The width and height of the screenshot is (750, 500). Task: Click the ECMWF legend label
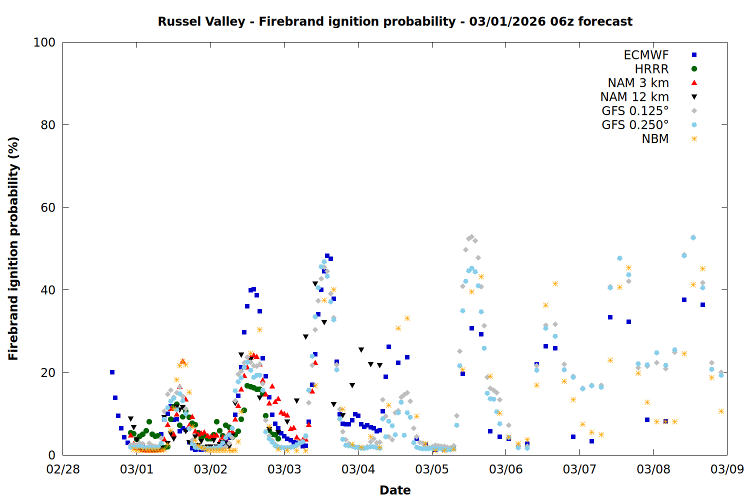pos(646,55)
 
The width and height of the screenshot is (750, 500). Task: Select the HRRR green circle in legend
pos(694,69)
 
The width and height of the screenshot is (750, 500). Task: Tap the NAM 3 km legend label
pos(638,83)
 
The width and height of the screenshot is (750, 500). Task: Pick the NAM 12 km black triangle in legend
pos(694,97)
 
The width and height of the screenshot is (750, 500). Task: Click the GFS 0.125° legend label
pos(635,111)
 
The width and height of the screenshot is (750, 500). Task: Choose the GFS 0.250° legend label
pos(635,125)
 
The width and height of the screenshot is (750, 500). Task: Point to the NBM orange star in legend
pos(694,139)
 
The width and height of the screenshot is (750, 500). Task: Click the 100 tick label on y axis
pos(44,42)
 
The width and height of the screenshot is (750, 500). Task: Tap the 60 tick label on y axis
pos(48,207)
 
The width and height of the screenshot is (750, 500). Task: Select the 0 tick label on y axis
pos(51,455)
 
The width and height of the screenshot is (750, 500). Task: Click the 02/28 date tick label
pos(63,469)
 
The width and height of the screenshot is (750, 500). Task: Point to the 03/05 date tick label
pos(432,469)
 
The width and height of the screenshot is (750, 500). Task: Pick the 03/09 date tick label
pos(727,469)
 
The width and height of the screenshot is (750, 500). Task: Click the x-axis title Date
pos(395,490)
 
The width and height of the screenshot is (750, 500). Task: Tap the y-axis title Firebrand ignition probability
pos(13,248)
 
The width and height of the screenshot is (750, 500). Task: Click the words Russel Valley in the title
pos(201,21)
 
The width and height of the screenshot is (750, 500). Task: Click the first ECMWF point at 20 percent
pos(112,372)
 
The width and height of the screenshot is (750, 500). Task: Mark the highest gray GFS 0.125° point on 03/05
pos(471,237)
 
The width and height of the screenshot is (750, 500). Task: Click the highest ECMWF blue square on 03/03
pos(327,256)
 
